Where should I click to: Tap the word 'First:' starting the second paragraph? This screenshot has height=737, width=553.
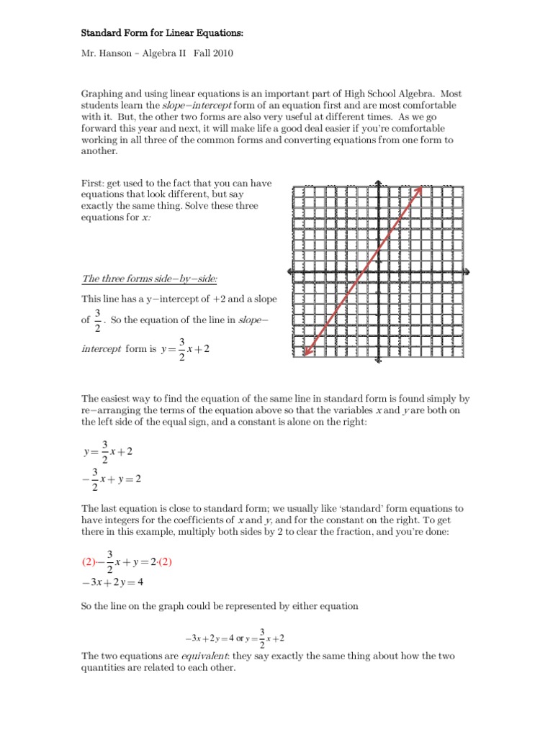[93, 184]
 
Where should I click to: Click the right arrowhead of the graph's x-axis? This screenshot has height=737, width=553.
[469, 271]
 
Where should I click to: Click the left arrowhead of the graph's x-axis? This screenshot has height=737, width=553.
[291, 271]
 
